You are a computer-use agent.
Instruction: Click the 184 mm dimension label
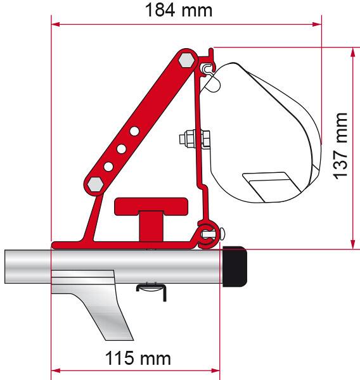pos(179,11)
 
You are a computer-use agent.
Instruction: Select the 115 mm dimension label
pos(138,358)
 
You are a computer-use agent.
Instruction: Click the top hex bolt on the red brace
pos(186,60)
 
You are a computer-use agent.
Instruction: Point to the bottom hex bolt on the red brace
pos(95,184)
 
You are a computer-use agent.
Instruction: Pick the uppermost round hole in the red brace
pos(134,131)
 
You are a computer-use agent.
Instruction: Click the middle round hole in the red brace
pos(121,149)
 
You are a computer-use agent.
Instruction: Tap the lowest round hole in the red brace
pos(108,167)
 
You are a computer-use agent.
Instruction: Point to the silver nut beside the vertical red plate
pos(189,137)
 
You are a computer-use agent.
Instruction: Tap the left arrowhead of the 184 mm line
pos(56,25)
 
